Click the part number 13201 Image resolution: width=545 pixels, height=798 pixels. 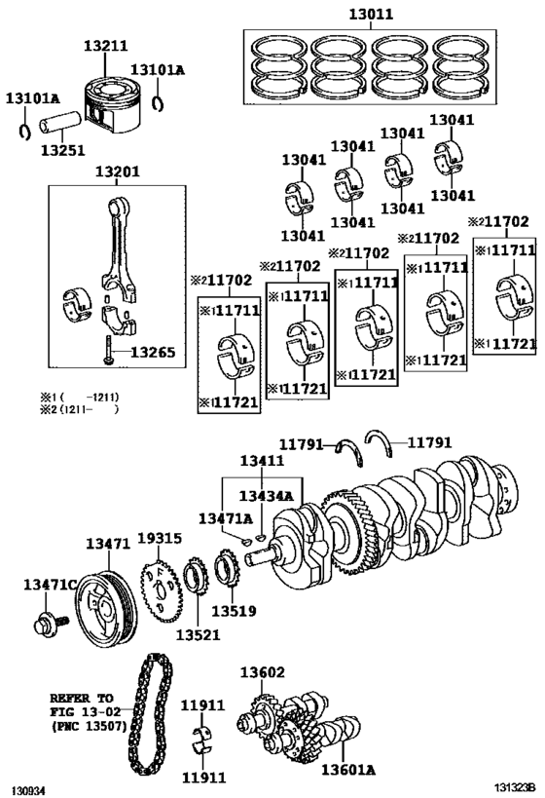coord(117,171)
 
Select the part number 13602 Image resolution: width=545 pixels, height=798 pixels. coord(263,672)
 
